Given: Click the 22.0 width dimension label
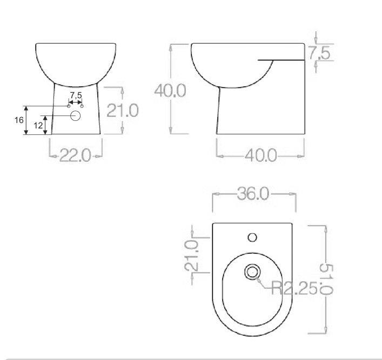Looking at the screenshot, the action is [75, 155].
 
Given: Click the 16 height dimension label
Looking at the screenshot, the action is [19, 120].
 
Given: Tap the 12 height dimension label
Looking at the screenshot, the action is [38, 125].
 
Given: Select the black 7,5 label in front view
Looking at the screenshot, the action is [76, 95].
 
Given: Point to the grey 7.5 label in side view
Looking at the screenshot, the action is [319, 53].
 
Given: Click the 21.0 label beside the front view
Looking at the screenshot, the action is [123, 110].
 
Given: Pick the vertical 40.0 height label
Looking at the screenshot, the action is [170, 91].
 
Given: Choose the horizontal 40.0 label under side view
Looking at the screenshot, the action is [260, 155].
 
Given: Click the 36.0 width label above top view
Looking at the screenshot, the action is [253, 194].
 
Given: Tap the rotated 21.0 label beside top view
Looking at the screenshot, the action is [191, 255].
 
